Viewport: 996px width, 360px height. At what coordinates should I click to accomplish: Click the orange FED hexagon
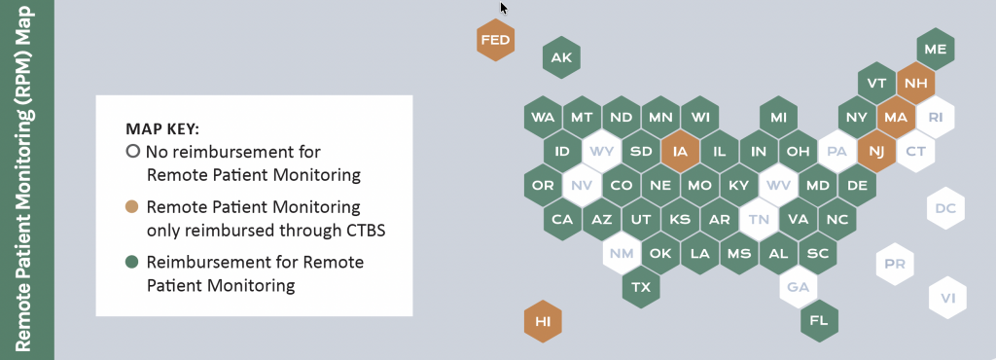(x=495, y=40)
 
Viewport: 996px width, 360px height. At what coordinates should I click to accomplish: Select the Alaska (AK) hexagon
(x=561, y=57)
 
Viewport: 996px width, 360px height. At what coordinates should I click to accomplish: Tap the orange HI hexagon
(x=543, y=321)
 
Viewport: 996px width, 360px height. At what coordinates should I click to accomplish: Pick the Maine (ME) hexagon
(x=936, y=49)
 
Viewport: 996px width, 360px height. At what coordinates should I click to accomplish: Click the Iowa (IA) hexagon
(x=680, y=152)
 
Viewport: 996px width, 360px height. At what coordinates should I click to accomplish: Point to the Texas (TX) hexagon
(x=641, y=287)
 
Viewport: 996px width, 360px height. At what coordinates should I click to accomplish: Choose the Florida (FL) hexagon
(x=819, y=321)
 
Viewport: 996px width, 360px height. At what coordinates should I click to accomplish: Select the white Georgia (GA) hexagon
(x=799, y=287)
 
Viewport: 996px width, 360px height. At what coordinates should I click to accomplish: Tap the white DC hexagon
(x=945, y=207)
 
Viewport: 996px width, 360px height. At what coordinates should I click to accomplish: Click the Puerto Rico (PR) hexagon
(x=895, y=264)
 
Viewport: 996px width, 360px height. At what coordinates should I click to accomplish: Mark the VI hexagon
(x=948, y=297)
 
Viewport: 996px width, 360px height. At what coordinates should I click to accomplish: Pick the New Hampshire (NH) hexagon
(x=916, y=83)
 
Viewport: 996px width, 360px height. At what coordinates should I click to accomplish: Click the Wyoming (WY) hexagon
(x=601, y=152)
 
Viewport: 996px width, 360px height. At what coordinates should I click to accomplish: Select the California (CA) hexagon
(x=562, y=219)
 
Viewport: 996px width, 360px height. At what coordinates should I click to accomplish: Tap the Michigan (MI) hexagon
(x=779, y=118)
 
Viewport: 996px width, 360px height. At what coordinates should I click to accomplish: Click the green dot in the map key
(x=132, y=262)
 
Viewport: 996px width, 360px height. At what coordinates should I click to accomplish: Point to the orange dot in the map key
(x=132, y=207)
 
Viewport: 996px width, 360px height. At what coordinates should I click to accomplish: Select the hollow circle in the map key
(x=132, y=152)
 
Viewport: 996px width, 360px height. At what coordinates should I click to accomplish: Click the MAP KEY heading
(x=162, y=129)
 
